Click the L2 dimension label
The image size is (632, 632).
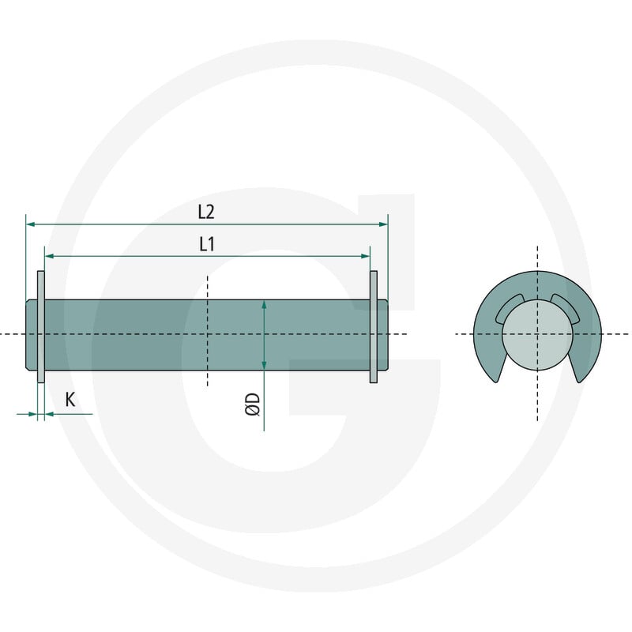206,212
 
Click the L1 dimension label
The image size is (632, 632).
207,244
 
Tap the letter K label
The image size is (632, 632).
70,400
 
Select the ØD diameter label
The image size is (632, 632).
253,404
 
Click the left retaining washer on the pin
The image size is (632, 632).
41,327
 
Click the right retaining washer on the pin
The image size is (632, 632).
374,327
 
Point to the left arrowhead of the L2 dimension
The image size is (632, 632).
30,224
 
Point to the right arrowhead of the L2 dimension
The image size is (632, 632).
383,224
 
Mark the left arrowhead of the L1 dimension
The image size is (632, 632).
49,256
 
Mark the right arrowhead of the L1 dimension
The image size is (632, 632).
366,256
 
